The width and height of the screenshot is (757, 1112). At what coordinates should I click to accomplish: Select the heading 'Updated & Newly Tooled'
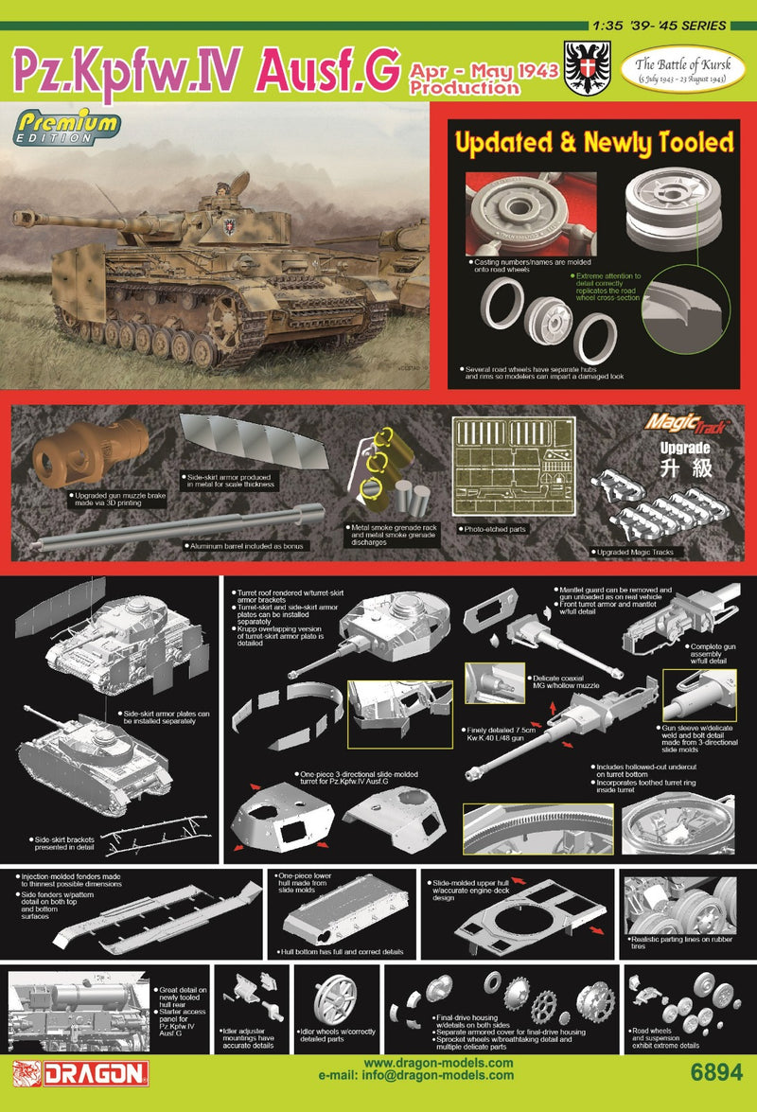point(594,142)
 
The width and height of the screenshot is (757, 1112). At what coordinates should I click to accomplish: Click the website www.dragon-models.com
point(436,1064)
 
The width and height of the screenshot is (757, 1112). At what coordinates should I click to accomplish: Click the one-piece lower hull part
point(344,913)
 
